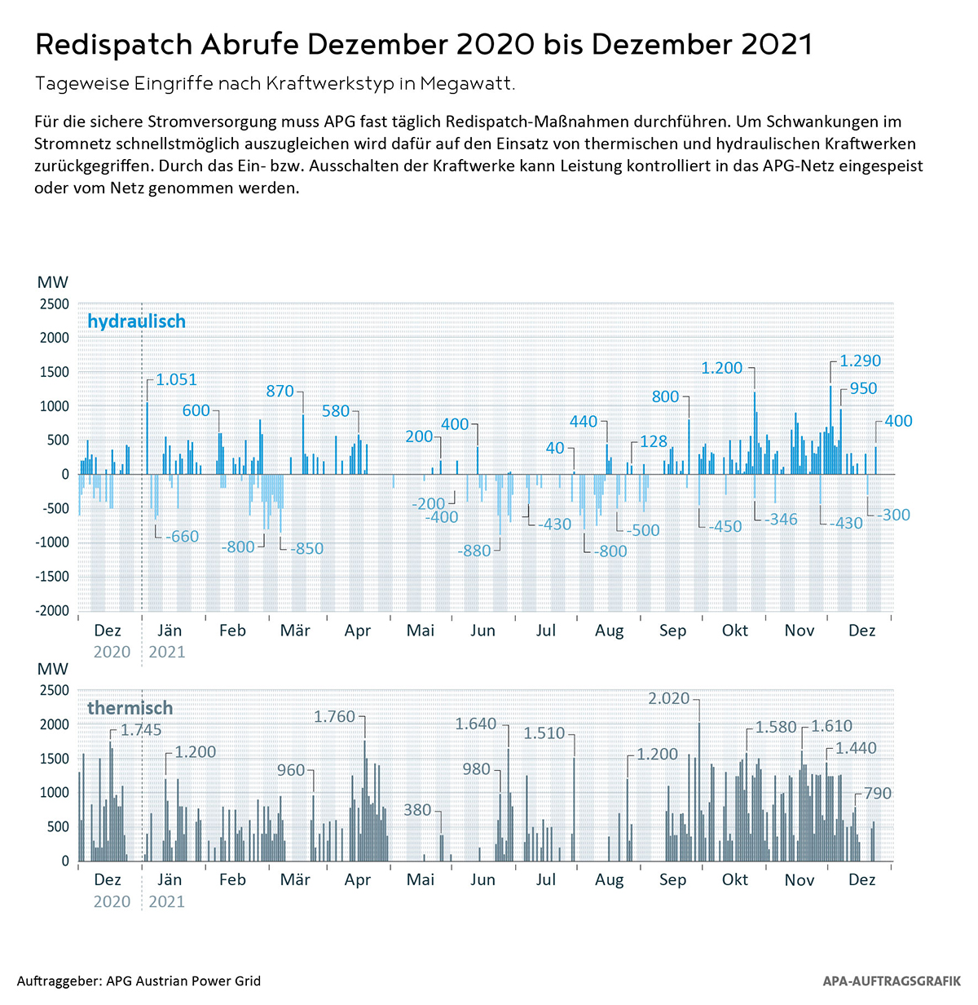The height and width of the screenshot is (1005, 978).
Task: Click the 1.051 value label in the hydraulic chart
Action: click(x=176, y=379)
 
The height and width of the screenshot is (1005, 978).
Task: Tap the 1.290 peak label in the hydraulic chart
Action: click(x=860, y=361)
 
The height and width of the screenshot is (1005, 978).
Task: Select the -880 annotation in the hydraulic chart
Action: click(x=474, y=551)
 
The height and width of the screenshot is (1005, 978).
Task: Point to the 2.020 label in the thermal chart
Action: click(x=668, y=698)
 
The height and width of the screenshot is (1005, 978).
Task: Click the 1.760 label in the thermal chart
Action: click(x=334, y=716)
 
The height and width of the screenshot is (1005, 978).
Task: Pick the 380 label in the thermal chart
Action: click(x=417, y=810)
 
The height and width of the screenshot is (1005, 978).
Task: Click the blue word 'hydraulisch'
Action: click(x=136, y=321)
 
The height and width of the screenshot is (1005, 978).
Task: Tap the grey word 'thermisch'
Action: click(x=130, y=708)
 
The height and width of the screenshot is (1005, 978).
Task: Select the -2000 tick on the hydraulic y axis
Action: click(x=52, y=610)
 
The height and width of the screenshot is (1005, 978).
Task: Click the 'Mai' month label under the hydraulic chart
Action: click(x=420, y=631)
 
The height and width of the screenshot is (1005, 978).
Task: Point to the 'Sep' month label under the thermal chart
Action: click(x=672, y=880)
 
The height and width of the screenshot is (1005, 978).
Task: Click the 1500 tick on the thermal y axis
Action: click(x=55, y=759)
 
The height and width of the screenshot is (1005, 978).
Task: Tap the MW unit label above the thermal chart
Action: click(x=53, y=669)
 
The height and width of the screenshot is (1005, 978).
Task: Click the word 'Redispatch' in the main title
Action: click(x=113, y=45)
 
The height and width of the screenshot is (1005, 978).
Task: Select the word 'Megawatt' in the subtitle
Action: click(x=467, y=83)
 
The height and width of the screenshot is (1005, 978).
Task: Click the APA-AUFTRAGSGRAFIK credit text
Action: click(x=892, y=981)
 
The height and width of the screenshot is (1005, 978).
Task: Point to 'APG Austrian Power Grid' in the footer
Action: click(x=183, y=981)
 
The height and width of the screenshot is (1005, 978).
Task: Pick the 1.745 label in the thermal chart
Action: click(x=141, y=730)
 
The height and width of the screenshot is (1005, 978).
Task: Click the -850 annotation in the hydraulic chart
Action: click(x=306, y=548)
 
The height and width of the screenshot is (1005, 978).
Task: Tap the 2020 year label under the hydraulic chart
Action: click(x=112, y=652)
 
